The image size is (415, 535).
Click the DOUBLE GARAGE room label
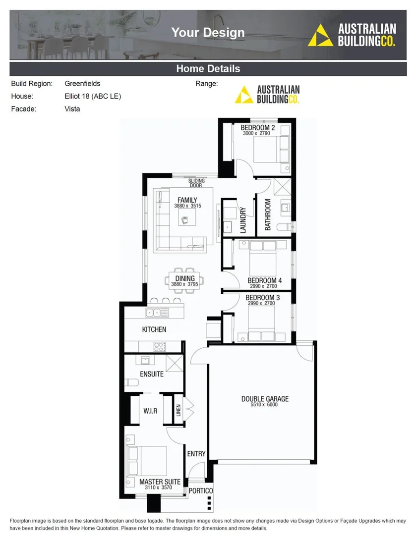265,399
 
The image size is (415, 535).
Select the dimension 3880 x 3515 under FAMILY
187,206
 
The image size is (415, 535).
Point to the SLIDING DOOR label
196,183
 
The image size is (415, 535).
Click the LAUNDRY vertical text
243,220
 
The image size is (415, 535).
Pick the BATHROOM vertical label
268,214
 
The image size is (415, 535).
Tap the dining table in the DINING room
183,281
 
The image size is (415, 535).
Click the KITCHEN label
154,329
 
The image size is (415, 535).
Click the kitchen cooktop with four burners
160,346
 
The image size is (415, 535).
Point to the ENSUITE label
152,374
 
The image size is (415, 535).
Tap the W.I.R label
150,411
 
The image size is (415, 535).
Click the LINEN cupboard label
178,411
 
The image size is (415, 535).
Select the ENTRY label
196,453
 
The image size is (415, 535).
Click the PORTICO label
201,490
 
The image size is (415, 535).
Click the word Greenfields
82,84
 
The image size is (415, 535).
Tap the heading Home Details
208,69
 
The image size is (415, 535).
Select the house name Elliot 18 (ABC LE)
93,96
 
